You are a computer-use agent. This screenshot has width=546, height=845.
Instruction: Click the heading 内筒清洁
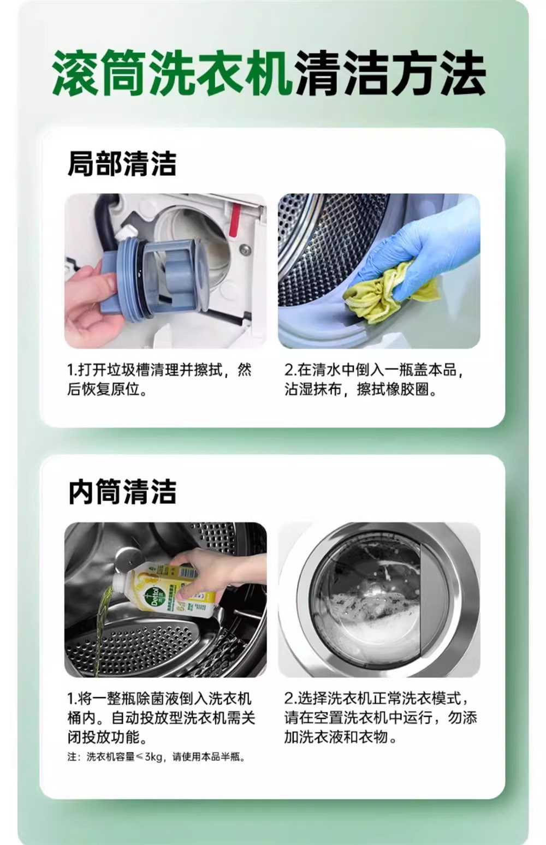pyautogui.click(x=122, y=492)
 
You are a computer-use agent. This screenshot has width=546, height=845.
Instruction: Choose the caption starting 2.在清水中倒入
pyautogui.click(x=373, y=379)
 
